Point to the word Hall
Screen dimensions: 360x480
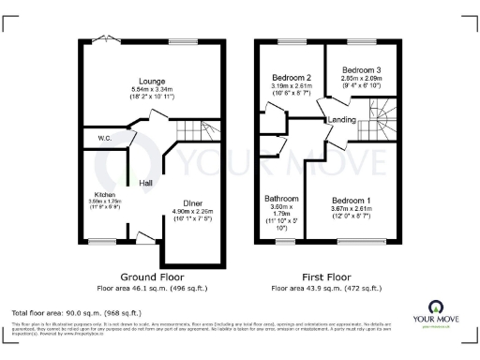tap(147, 183)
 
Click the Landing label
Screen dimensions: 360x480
tap(339, 120)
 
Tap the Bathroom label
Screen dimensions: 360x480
tap(282, 199)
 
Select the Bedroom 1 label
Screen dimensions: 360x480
tap(354, 200)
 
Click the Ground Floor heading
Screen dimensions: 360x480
tap(152, 277)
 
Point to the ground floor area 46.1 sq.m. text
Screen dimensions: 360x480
tap(153, 287)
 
